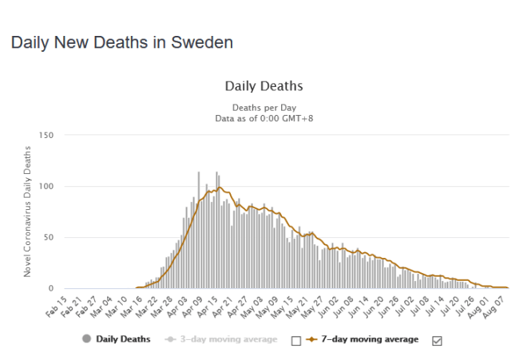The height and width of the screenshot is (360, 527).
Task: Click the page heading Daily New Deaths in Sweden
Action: (121, 42)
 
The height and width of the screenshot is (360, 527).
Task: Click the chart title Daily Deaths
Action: (263, 85)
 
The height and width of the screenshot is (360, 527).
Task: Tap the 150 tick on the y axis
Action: (46, 136)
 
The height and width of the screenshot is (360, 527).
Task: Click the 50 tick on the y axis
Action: (48, 238)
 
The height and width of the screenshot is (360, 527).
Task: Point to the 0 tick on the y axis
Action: (50, 288)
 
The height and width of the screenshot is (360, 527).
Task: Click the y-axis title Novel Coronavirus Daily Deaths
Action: (27, 212)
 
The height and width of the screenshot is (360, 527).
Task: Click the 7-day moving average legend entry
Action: (370, 339)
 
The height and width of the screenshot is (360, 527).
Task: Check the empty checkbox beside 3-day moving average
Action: (296, 340)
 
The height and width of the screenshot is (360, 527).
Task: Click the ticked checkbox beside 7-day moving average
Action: (436, 340)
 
